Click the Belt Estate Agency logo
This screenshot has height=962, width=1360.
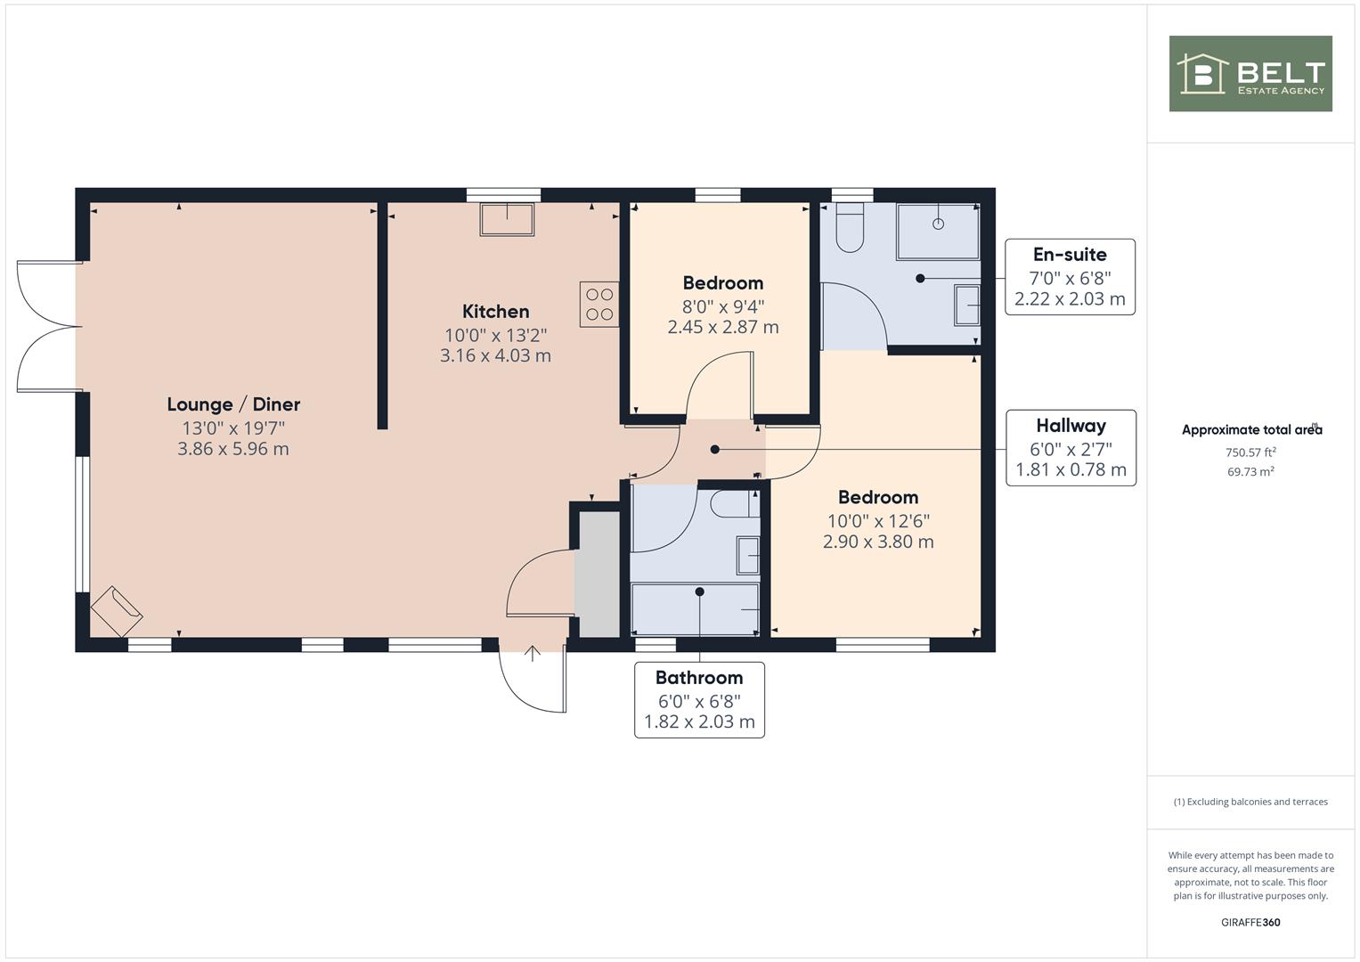point(1250,73)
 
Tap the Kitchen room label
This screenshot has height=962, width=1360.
point(495,312)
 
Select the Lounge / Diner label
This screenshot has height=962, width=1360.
point(233,404)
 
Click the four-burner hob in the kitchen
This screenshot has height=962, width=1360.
point(599,305)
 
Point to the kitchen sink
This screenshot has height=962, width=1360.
point(507,219)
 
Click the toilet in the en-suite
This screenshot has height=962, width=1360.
point(850,227)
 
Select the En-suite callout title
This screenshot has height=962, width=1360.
point(1070,255)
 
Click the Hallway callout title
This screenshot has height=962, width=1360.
point(1071,426)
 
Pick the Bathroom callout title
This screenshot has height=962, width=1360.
point(699,677)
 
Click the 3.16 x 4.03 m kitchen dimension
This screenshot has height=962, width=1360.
point(495,355)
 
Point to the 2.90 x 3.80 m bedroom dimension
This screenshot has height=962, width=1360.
point(878,542)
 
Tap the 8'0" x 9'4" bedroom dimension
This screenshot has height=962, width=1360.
point(723,306)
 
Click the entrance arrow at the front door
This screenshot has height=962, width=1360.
point(533,654)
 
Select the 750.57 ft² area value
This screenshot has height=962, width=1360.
point(1250,452)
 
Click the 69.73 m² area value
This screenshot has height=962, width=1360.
point(1250,471)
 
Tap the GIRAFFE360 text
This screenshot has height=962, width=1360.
point(1250,923)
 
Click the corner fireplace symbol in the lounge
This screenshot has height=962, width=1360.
point(117,611)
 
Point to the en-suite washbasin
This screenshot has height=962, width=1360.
point(967,305)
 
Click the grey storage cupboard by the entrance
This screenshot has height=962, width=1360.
point(598,575)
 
